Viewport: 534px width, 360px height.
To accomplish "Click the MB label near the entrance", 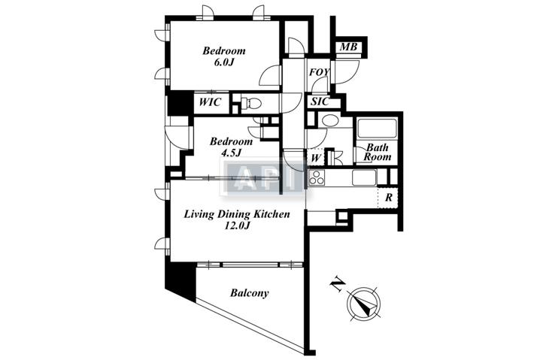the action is click(349, 47).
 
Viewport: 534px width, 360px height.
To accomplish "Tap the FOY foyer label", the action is click(320, 72).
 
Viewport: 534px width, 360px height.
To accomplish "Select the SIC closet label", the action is click(320, 101).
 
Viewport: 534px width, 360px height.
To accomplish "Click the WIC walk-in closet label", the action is click(210, 101).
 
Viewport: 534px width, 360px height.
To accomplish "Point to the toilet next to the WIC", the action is click(251, 102).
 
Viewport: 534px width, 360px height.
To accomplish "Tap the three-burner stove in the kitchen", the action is click(317, 177).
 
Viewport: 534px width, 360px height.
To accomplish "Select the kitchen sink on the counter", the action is click(364, 177).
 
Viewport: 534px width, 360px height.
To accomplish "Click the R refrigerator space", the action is click(388, 198).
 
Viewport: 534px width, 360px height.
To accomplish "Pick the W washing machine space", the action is click(316, 158).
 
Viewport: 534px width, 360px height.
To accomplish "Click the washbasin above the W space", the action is click(329, 120).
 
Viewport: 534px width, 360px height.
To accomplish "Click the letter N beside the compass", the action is click(337, 284).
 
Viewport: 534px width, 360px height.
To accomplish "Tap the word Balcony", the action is click(249, 292).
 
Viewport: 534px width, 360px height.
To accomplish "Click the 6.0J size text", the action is click(223, 62).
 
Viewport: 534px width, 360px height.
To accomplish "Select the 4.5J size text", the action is click(231, 153).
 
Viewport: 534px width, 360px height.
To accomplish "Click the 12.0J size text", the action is click(237, 225).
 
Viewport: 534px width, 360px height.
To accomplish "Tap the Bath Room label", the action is click(378, 152).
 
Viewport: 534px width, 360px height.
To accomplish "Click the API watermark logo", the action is click(262, 177).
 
